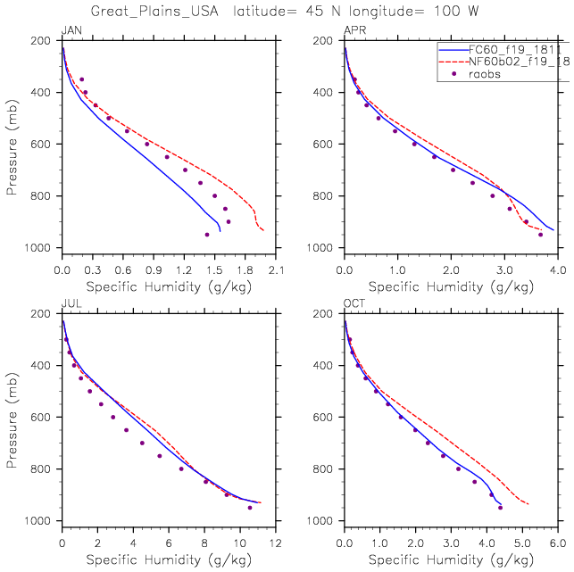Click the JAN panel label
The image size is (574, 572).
click(71, 31)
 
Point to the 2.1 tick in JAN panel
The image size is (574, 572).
click(276, 269)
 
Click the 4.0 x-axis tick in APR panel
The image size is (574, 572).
click(557, 269)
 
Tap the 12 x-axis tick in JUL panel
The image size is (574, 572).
click(275, 543)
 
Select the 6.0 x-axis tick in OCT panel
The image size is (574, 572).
click(557, 543)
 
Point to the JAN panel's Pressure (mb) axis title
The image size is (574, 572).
click(11, 144)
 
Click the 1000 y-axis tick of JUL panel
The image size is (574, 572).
click(40, 521)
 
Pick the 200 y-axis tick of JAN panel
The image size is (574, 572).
click(44, 41)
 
